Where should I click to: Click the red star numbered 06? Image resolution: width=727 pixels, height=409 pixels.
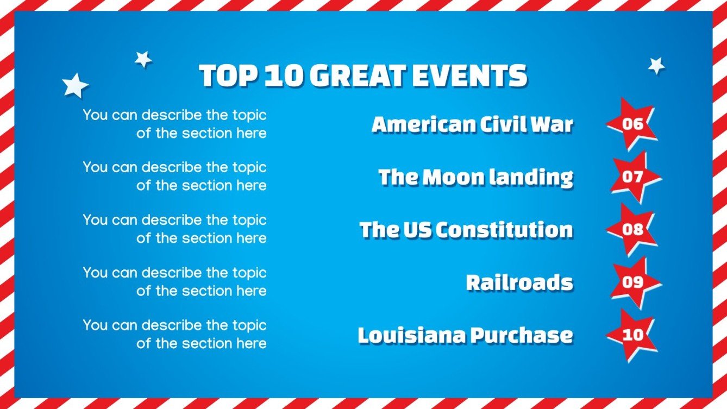(632, 124)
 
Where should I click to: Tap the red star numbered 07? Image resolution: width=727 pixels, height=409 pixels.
(633, 177)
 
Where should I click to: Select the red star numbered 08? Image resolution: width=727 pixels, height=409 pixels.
(632, 229)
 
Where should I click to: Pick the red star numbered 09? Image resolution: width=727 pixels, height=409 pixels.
(633, 282)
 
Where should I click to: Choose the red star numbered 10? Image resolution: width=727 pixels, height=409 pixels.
(632, 335)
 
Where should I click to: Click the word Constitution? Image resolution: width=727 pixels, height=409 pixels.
(504, 230)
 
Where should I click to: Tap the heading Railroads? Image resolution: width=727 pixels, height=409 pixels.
(519, 282)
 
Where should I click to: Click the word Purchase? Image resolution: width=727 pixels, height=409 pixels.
(522, 335)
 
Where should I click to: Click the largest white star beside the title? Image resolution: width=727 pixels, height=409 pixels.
(75, 86)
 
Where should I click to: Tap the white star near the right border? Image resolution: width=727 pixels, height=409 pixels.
(656, 66)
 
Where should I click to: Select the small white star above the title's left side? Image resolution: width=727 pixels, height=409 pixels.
(143, 59)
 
